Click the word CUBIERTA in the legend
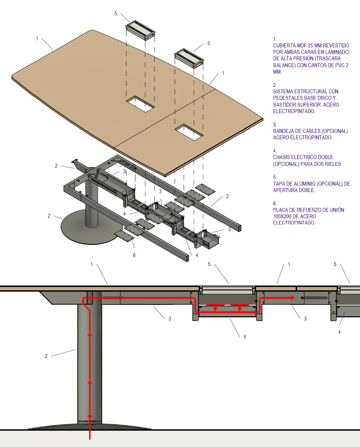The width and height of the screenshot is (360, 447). pyautogui.click(x=284, y=46)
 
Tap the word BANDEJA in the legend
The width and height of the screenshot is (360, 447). pyautogui.click(x=283, y=131)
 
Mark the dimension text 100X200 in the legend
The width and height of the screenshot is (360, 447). pyautogui.click(x=282, y=216)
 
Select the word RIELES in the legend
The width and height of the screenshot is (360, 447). pyautogui.click(x=333, y=164)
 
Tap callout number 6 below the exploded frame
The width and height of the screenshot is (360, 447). pyautogui.click(x=134, y=255)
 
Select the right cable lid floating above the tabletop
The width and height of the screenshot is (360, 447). pyautogui.click(x=189, y=58)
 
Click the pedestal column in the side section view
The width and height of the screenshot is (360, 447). pyautogui.click(x=89, y=363)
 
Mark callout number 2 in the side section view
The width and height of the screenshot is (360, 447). pyautogui.click(x=46, y=356)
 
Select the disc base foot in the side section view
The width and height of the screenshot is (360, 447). pyautogui.click(x=89, y=427)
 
